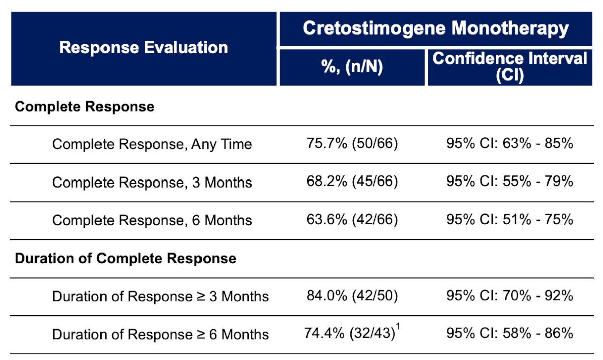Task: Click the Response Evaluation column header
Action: pyautogui.click(x=144, y=48)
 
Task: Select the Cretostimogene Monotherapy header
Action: pyautogui.click(x=436, y=28)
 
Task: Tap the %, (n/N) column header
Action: pyautogui.click(x=352, y=66)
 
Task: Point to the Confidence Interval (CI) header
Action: pyautogui.click(x=510, y=67)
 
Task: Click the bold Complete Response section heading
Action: pyautogui.click(x=84, y=107)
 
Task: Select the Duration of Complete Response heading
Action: pyautogui.click(x=126, y=258)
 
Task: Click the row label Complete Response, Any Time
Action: pyautogui.click(x=152, y=144)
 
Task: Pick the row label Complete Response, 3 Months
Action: pyautogui.click(x=152, y=183)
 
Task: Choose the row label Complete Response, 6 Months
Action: pyautogui.click(x=152, y=220)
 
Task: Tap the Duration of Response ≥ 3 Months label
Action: pyautogui.click(x=160, y=297)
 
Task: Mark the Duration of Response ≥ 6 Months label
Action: pyautogui.click(x=160, y=335)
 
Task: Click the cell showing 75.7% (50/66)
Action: pyautogui.click(x=352, y=143)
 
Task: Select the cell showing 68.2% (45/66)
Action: pyautogui.click(x=352, y=181)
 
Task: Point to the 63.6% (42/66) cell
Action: pyautogui.click(x=352, y=219)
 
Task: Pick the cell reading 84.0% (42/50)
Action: pyautogui.click(x=352, y=295)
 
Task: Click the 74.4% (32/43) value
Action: pyautogui.click(x=349, y=333)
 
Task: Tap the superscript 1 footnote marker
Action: pyautogui.click(x=398, y=327)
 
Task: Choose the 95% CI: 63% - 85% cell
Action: pyautogui.click(x=510, y=143)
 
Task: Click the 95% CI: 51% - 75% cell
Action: pyautogui.click(x=510, y=219)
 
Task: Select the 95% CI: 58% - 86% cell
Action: pyautogui.click(x=510, y=333)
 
